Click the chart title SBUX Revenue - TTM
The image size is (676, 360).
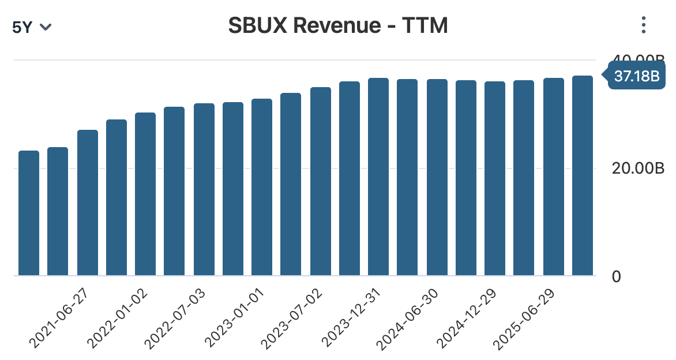click(x=338, y=25)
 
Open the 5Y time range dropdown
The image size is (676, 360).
click(x=32, y=27)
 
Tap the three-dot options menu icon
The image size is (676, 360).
click(x=644, y=25)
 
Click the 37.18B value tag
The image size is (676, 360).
click(x=636, y=76)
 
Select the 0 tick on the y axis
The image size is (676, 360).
click(x=616, y=276)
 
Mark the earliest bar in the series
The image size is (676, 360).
click(x=29, y=213)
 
